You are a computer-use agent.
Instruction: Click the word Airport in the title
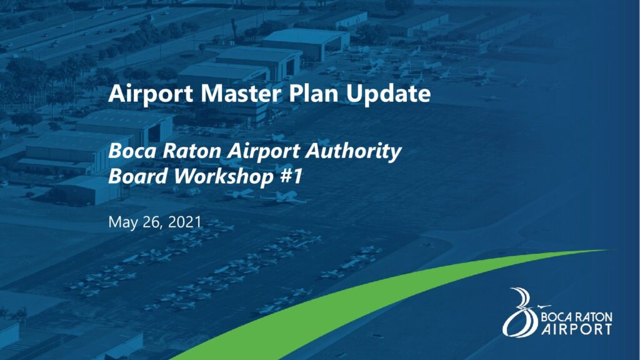[x=151, y=94]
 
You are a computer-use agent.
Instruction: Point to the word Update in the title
[x=388, y=94]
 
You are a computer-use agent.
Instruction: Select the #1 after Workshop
[x=292, y=176]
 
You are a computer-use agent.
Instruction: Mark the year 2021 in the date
[x=185, y=222]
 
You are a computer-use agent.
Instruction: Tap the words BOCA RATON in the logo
[x=576, y=317]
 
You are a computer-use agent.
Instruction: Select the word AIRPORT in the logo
[x=576, y=329]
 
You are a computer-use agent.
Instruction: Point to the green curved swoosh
[x=367, y=294]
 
